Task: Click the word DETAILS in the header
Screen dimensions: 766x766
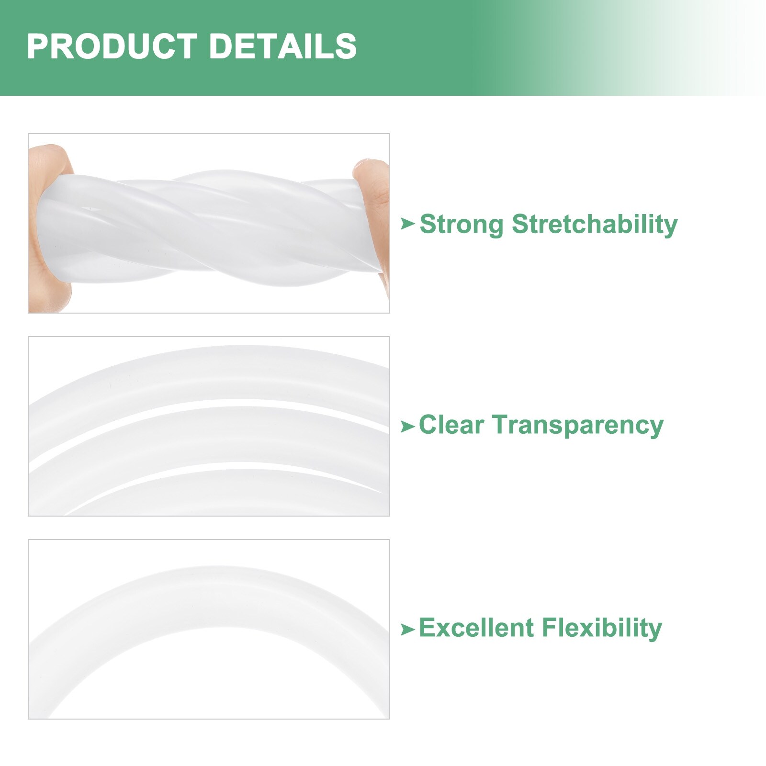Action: pyautogui.click(x=283, y=46)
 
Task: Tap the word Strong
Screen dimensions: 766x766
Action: pyautogui.click(x=462, y=224)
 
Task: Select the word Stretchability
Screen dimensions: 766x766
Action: pyautogui.click(x=595, y=224)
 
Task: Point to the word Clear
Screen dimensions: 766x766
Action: pyautogui.click(x=451, y=425)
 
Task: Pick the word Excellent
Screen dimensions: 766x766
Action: pyautogui.click(x=476, y=628)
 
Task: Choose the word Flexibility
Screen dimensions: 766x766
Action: pyautogui.click(x=601, y=629)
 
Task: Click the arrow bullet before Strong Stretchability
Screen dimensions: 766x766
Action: pyautogui.click(x=407, y=223)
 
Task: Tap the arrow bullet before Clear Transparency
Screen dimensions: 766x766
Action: pyautogui.click(x=407, y=426)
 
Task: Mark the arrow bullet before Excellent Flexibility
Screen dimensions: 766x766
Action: pyautogui.click(x=407, y=629)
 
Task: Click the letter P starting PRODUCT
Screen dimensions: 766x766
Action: pyautogui.click(x=37, y=46)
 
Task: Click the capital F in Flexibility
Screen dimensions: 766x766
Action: pyautogui.click(x=549, y=628)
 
